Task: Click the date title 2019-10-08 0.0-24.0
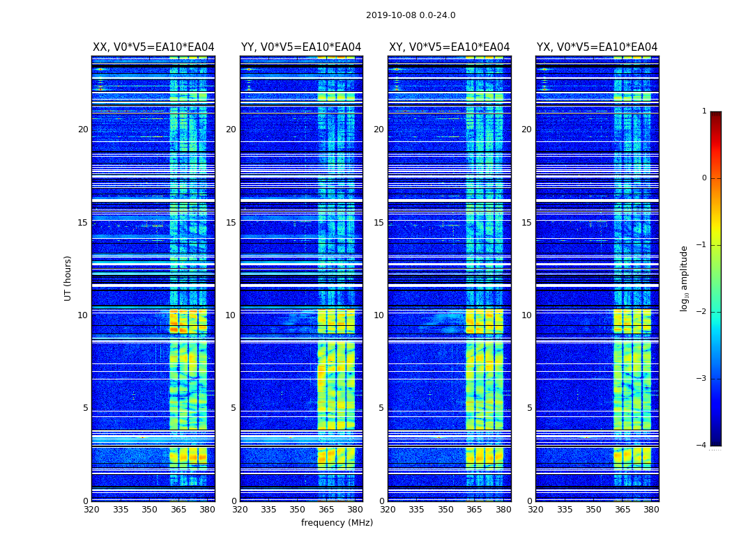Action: coord(411,15)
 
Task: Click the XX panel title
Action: coord(153,47)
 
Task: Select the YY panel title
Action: coord(301,47)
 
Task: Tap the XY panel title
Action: coord(449,47)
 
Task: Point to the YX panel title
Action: coord(597,47)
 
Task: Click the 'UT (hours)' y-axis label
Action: coord(68,278)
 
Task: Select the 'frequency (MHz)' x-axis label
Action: coord(337,523)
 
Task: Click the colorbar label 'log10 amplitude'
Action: coord(685,278)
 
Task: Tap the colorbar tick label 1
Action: coord(704,111)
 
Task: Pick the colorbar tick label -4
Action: coord(702,446)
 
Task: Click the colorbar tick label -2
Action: coord(702,312)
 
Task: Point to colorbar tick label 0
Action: coord(704,178)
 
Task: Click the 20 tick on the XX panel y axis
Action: coord(83,130)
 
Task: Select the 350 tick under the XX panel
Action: coord(149,510)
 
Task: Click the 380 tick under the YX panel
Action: coord(651,510)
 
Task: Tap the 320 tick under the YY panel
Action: coord(240,510)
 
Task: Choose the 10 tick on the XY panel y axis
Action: coord(379,315)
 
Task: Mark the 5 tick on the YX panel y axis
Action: coord(529,408)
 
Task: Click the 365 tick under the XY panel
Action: coord(474,510)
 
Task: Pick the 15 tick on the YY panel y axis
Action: coord(231,223)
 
